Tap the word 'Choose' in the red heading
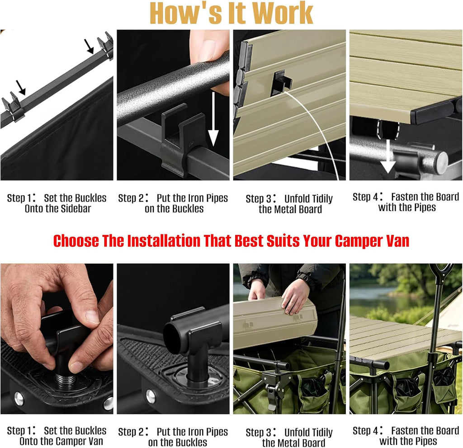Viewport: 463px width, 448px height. point(76,241)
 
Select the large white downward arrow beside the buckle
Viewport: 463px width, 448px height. point(213,119)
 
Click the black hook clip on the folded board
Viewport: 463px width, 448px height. point(281,82)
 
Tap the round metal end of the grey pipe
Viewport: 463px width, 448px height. point(442,162)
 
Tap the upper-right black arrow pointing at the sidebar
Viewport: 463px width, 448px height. point(89,46)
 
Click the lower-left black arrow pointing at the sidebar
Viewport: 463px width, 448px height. point(21,87)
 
